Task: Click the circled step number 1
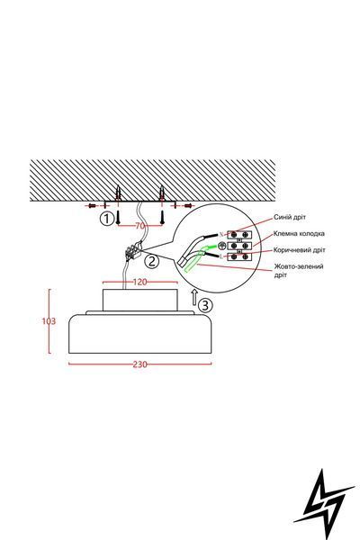coord(107,219)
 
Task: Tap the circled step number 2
coord(151,261)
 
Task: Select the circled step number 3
coord(205,305)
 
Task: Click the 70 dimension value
coord(139,226)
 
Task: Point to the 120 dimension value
coord(139,282)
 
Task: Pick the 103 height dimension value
coord(49,321)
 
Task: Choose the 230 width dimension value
coord(139,364)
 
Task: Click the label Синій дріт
coord(290,217)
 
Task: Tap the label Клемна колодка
coord(299,233)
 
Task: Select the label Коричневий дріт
coord(299,250)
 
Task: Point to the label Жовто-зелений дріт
coord(298,271)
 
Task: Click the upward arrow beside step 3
coord(194,297)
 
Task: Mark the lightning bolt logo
coord(323,500)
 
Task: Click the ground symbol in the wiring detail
coord(221,245)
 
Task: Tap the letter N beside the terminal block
coord(221,235)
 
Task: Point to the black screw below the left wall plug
coord(118,218)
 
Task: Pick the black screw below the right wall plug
coord(162,218)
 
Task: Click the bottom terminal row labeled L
coord(239,256)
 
